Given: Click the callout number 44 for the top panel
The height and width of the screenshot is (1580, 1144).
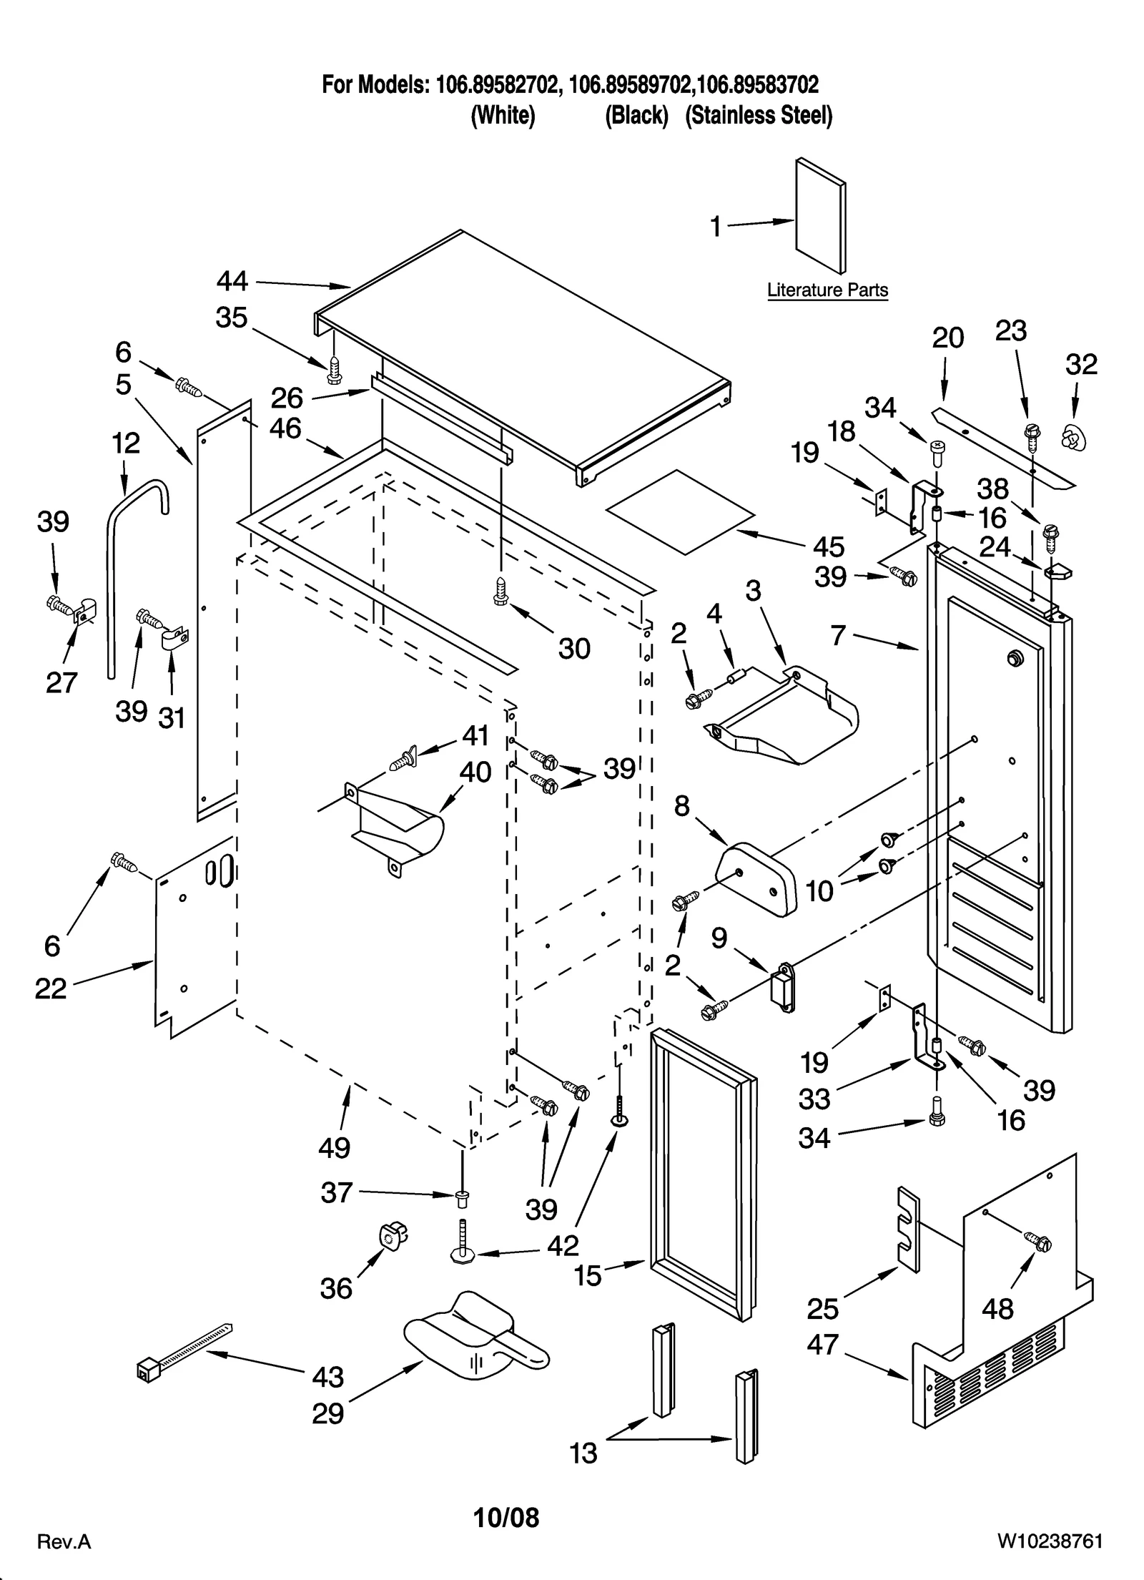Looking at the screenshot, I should tap(232, 282).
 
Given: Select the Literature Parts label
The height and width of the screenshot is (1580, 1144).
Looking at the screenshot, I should tap(827, 290).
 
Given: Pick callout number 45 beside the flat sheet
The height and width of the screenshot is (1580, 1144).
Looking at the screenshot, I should tap(828, 547).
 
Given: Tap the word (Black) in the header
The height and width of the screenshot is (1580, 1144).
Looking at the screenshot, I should tap(636, 115).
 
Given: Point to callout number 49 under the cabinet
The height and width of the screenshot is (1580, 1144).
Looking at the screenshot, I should tap(334, 1147).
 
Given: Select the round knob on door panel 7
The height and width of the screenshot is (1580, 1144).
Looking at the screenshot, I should tap(1013, 657).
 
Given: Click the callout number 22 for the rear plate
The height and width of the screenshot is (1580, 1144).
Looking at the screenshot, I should tap(50, 988).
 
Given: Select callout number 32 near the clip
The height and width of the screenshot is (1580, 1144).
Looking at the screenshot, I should tap(1080, 365).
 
